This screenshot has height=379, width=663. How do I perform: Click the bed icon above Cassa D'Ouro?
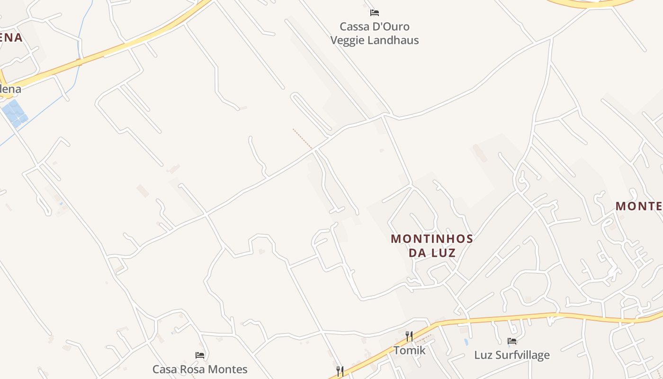pos(375,13)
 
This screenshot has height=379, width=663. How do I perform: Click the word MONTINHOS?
pos(432,239)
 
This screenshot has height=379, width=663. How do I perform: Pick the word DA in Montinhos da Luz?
pos(418,253)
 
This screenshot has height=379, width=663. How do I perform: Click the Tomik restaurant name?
pos(409,351)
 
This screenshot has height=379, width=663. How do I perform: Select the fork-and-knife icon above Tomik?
pos(409,336)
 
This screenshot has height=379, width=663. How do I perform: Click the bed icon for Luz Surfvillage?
pos(512,341)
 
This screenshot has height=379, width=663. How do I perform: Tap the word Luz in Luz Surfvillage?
pos(482,355)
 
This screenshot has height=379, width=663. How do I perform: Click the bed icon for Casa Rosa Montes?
pos(200,355)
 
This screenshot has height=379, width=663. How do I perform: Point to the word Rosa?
pos(193,369)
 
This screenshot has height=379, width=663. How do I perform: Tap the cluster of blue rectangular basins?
pos(15,113)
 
